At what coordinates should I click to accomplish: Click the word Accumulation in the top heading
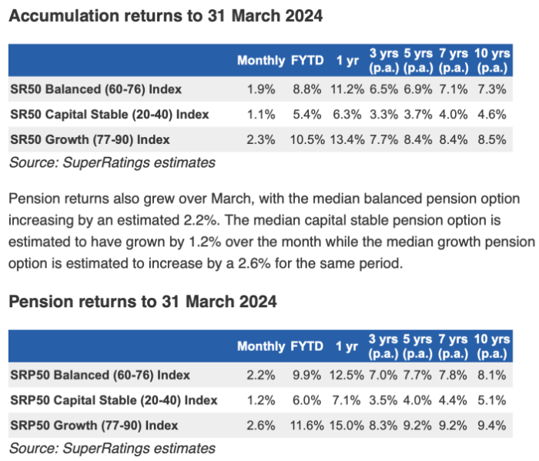click(x=63, y=16)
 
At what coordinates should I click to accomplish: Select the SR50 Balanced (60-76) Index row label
click(x=96, y=89)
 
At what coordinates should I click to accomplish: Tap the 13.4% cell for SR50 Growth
click(x=347, y=140)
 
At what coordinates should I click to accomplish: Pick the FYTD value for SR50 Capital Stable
click(x=307, y=115)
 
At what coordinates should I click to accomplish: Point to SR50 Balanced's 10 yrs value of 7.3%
click(x=492, y=89)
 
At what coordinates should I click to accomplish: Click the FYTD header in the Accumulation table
click(x=307, y=61)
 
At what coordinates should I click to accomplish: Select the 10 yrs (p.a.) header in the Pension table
click(x=492, y=346)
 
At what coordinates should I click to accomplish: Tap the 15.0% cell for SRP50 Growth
click(x=346, y=426)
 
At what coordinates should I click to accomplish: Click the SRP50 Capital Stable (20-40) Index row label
click(x=114, y=400)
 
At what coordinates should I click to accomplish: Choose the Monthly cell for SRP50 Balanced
click(x=261, y=375)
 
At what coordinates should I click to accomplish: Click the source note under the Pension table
click(x=112, y=448)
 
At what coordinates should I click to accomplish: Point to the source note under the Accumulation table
click(x=112, y=162)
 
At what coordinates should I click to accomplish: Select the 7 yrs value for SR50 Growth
click(x=454, y=140)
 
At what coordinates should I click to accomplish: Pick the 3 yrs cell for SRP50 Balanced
click(x=383, y=375)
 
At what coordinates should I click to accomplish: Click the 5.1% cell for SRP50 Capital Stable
click(x=492, y=400)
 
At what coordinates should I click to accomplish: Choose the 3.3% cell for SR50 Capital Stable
click(x=384, y=115)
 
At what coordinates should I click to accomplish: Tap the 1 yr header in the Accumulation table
click(x=347, y=61)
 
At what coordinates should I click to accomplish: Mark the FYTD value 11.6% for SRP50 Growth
click(x=307, y=426)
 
